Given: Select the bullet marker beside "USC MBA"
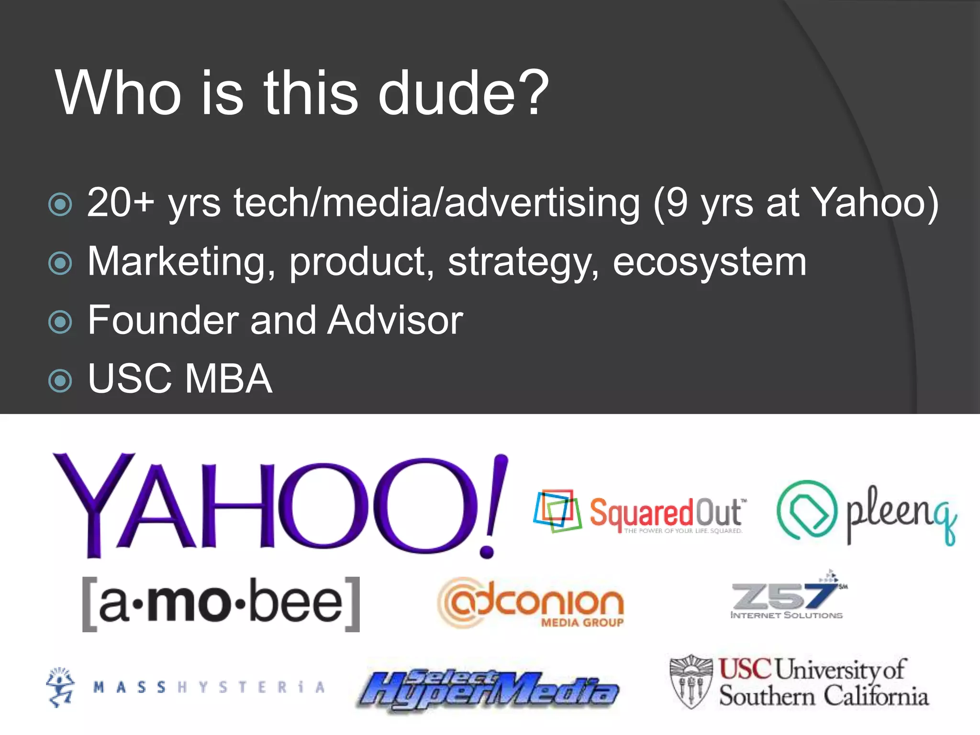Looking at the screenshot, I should tap(60, 380).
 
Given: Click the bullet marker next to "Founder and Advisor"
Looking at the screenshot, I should tap(60, 322).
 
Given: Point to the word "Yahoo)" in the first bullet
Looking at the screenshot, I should tap(875, 203).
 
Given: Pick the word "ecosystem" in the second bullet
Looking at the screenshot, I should tap(709, 262).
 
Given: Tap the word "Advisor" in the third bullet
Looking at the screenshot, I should tap(395, 320).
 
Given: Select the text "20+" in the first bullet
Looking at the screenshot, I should tap(120, 203).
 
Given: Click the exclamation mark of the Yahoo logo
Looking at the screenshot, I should tap(493, 505).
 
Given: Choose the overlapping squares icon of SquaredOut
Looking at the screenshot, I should tap(557, 511).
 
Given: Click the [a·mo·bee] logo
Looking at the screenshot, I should tap(221, 604).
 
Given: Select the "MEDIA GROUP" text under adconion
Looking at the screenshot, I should tap(582, 623).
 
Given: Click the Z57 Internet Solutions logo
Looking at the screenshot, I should tap(787, 596).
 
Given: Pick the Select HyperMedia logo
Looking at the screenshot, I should tap(488, 689).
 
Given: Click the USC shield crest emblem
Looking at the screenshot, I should tap(691, 682).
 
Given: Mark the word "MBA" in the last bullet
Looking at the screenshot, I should tap(228, 379).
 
